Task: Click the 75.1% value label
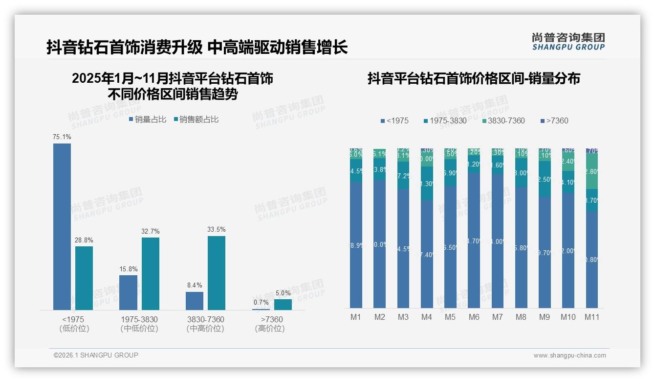62,137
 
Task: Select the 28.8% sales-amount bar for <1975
84,278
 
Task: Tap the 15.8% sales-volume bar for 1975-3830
128,292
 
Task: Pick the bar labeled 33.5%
217,273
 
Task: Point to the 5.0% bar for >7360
283,304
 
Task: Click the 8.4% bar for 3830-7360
195,301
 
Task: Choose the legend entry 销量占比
148,119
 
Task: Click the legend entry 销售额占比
196,119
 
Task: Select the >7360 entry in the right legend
555,120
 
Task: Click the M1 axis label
356,317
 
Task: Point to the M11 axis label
592,317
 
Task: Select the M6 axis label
474,317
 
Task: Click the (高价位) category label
269,329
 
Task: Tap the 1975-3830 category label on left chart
139,319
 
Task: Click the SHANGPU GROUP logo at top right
568,42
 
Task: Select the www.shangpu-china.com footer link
569,356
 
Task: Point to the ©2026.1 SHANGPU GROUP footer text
96,355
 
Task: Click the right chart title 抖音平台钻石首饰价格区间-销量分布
473,78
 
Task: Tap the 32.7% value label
151,231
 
